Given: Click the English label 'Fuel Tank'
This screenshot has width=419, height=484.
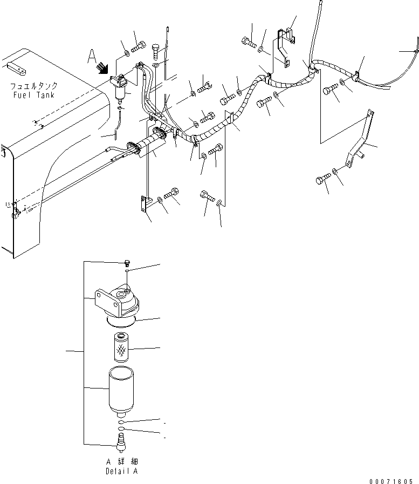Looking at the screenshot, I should pos(35,95).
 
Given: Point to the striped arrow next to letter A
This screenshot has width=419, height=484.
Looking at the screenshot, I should pos(101,67).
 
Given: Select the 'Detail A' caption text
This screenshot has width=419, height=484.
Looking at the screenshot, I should pos(122,471).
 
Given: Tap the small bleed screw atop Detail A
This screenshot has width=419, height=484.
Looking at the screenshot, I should pos(125,263).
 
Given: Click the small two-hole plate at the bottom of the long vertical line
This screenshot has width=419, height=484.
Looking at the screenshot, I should pos(143,204).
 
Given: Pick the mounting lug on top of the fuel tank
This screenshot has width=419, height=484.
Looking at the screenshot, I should pos(17,68).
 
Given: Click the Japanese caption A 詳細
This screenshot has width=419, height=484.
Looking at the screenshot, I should pos(122,462).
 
